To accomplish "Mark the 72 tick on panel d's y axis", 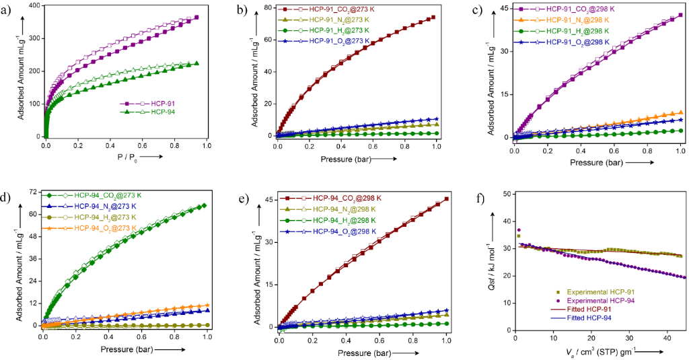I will [x=32, y=192].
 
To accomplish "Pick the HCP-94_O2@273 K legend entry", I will [x=109, y=229].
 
